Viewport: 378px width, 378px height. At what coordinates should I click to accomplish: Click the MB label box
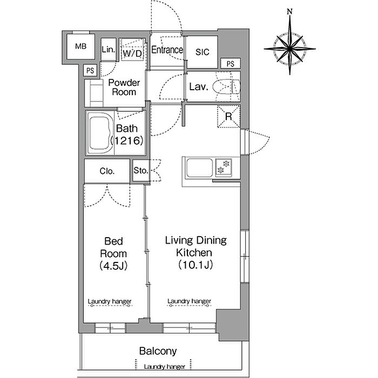tap(80, 46)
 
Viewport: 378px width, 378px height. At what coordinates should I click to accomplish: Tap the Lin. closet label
tap(108, 50)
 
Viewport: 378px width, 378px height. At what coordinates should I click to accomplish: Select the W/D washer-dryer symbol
tap(132, 49)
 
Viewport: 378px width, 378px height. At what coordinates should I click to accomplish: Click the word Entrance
tap(167, 50)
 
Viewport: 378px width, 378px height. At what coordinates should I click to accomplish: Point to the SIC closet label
tap(202, 52)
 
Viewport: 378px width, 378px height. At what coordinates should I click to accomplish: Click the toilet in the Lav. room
tap(227, 87)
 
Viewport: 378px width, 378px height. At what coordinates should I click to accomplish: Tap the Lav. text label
tap(199, 87)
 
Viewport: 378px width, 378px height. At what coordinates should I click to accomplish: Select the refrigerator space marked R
tap(229, 117)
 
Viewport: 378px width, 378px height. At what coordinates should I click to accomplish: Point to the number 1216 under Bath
tap(127, 140)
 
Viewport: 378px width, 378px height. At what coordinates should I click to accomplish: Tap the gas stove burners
tap(224, 167)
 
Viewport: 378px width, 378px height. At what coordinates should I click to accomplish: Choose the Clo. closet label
tap(107, 171)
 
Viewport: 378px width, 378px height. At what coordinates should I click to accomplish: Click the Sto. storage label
tap(140, 171)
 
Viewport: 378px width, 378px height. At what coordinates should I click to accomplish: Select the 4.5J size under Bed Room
tap(113, 266)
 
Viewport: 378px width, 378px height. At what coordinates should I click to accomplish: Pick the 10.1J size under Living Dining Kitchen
tap(195, 265)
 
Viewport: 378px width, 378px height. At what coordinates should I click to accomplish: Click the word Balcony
tap(158, 351)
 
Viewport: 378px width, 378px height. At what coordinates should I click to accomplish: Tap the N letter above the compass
tap(290, 11)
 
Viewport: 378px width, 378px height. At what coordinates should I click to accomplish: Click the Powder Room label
tap(124, 87)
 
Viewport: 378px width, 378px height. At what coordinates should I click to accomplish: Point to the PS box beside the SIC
tap(231, 64)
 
